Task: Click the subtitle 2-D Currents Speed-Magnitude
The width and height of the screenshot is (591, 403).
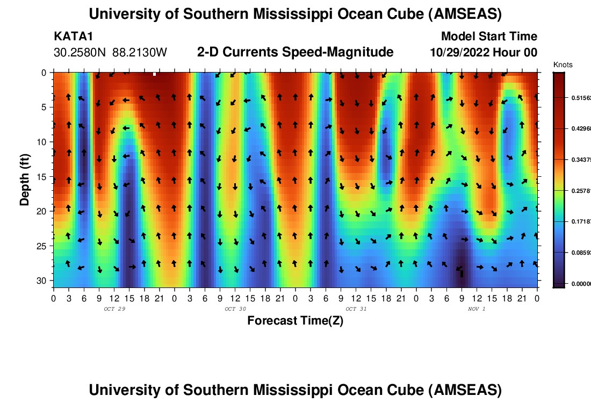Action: click(x=295, y=52)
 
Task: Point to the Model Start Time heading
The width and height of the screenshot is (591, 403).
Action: click(x=489, y=37)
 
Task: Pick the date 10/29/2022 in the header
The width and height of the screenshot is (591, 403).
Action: click(x=463, y=53)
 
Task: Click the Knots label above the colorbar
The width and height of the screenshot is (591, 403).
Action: click(x=563, y=65)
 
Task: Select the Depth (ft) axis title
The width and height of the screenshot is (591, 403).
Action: click(x=25, y=177)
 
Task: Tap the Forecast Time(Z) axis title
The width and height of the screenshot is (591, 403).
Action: click(x=295, y=321)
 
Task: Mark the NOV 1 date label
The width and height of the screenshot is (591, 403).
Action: click(x=477, y=309)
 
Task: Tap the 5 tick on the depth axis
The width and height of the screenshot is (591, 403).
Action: click(x=45, y=107)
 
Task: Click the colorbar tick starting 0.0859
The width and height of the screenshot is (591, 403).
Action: click(x=580, y=253)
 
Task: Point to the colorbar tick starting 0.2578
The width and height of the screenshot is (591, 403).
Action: click(x=580, y=191)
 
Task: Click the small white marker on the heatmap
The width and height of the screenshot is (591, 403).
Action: click(x=154, y=74)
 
